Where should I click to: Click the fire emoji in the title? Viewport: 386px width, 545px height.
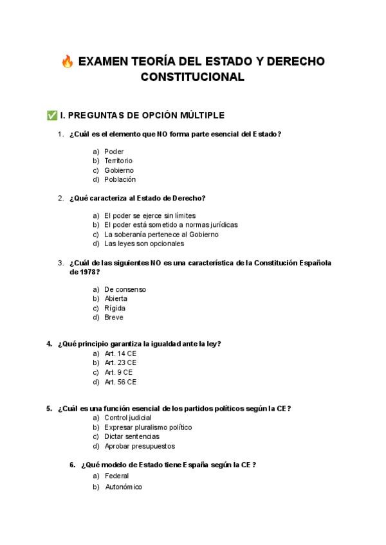pyautogui.click(x=67, y=62)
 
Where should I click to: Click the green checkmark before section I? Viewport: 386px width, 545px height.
pyautogui.click(x=51, y=116)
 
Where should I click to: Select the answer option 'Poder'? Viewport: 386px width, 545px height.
pyautogui.click(x=114, y=152)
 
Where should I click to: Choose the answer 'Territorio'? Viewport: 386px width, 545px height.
pyautogui.click(x=118, y=161)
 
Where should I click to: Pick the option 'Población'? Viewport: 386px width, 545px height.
pyautogui.click(x=120, y=179)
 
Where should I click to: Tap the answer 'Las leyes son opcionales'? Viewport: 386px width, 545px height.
pyautogui.click(x=144, y=244)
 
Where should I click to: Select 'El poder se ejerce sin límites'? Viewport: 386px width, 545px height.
pyautogui.click(x=150, y=215)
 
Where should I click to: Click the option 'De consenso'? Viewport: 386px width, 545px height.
pyautogui.click(x=125, y=289)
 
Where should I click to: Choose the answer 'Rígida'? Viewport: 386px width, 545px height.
pyautogui.click(x=115, y=308)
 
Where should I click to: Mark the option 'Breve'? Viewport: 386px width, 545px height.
pyautogui.click(x=114, y=317)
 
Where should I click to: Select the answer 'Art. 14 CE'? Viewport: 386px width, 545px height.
pyautogui.click(x=120, y=353)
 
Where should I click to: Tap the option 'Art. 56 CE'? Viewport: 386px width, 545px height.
pyautogui.click(x=120, y=382)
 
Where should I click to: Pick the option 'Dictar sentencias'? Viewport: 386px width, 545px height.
pyautogui.click(x=133, y=436)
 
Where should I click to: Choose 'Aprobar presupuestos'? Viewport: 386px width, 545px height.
pyautogui.click(x=140, y=446)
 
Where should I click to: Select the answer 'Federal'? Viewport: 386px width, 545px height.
pyautogui.click(x=116, y=476)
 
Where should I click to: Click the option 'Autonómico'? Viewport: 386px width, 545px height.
pyautogui.click(x=123, y=487)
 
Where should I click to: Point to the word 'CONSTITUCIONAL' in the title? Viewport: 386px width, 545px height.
pyautogui.click(x=192, y=77)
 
